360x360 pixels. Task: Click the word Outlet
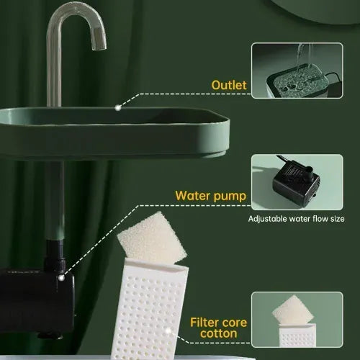[x=229, y=86]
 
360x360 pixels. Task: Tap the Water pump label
[x=212, y=195]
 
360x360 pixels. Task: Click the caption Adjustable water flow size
[x=296, y=219]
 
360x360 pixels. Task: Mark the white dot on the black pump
[x=63, y=276]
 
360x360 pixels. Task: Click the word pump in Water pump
[x=228, y=196]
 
